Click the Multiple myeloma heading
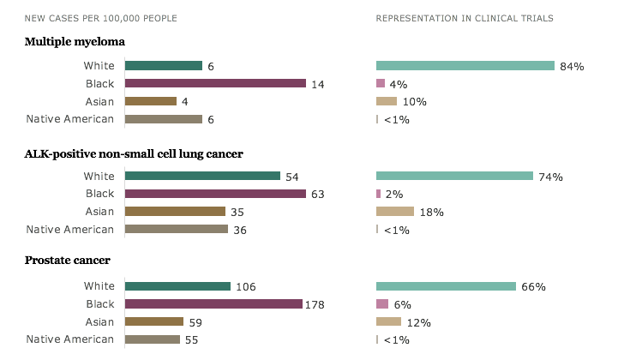tap(76, 42)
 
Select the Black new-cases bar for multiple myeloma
tap(215, 83)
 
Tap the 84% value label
tap(572, 66)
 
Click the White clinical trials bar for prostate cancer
tap(446, 286)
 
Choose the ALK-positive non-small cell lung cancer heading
tap(134, 153)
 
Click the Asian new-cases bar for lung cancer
tap(175, 212)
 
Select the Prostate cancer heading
tap(68, 260)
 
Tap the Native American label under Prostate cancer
tap(70, 339)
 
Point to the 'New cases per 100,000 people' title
tap(96, 17)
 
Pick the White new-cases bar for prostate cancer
tap(177, 286)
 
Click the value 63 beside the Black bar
tap(318, 195)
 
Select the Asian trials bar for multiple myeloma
tap(387, 101)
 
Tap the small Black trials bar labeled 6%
tap(382, 304)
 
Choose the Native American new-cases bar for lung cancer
tap(177, 229)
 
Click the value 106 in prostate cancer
tap(245, 287)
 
